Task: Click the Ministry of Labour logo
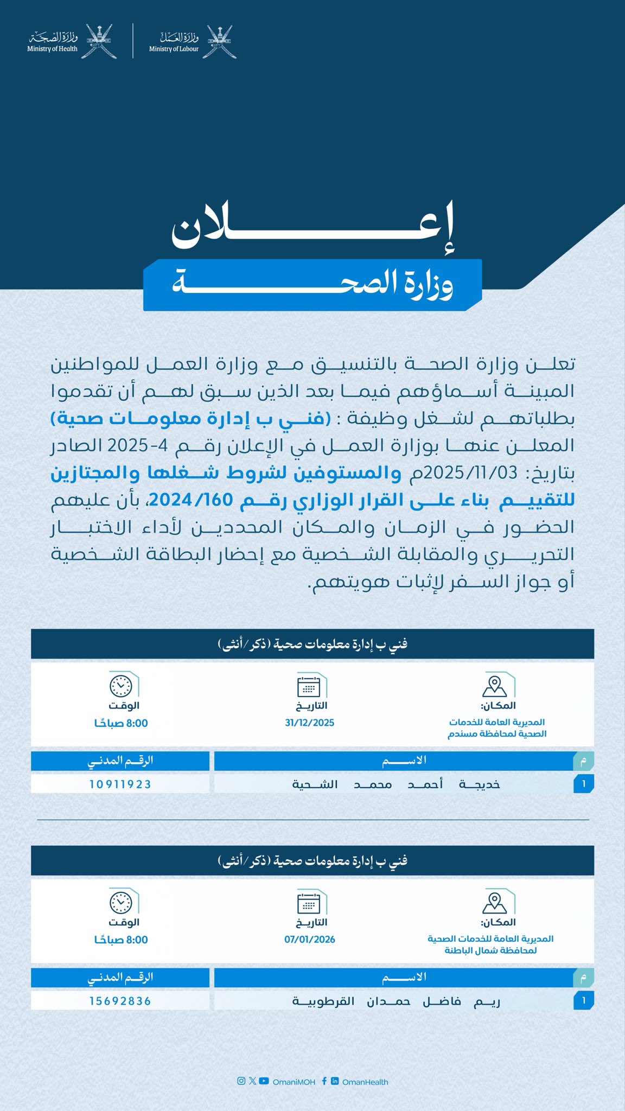click(x=193, y=41)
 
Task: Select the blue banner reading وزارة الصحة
click(x=312, y=285)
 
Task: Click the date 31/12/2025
click(x=309, y=723)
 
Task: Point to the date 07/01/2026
click(x=309, y=940)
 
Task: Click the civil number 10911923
click(x=120, y=784)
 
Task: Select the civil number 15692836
click(x=120, y=1001)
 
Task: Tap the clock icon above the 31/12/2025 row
click(x=120, y=686)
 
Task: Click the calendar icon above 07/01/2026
click(x=309, y=904)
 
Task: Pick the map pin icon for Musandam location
click(x=494, y=686)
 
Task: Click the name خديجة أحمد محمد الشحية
click(x=396, y=784)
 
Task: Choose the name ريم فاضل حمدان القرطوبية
click(x=396, y=1001)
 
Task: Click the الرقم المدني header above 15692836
click(x=120, y=977)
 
